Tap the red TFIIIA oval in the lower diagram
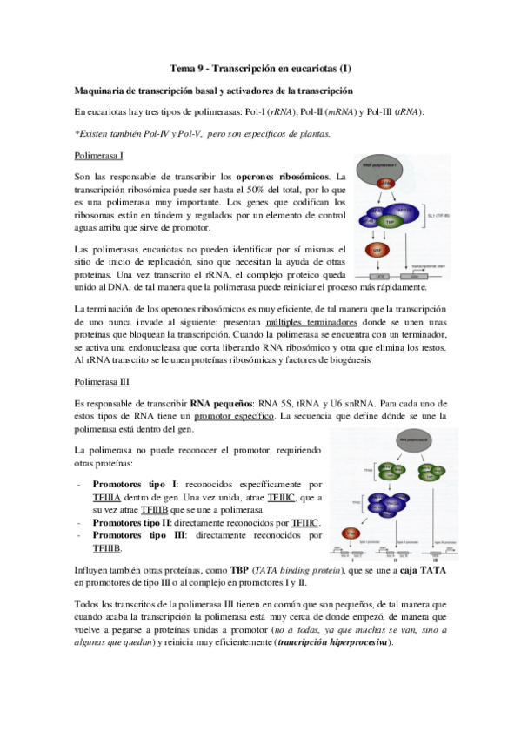pos(351,532)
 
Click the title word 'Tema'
pos(182,69)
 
